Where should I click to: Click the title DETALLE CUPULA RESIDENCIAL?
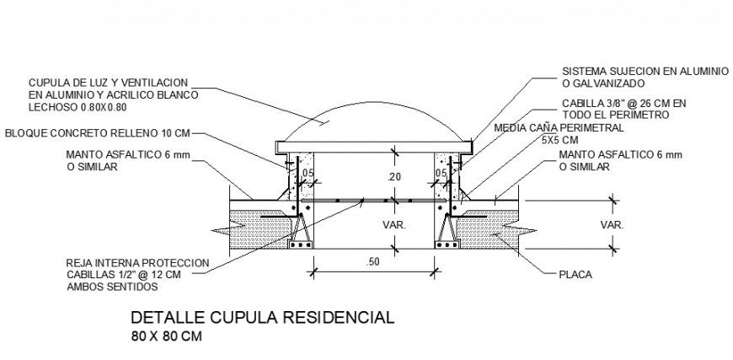click(x=262, y=318)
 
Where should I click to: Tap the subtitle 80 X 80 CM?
click(x=167, y=336)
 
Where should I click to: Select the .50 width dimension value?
click(x=372, y=262)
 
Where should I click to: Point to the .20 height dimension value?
click(x=395, y=177)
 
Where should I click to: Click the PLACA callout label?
click(x=575, y=275)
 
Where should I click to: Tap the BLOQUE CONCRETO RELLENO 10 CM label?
click(x=97, y=133)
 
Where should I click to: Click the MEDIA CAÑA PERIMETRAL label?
click(x=559, y=128)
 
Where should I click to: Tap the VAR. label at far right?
click(x=612, y=225)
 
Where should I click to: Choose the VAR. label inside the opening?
click(x=394, y=225)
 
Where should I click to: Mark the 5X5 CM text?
click(x=559, y=140)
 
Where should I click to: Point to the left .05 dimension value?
click(x=308, y=173)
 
